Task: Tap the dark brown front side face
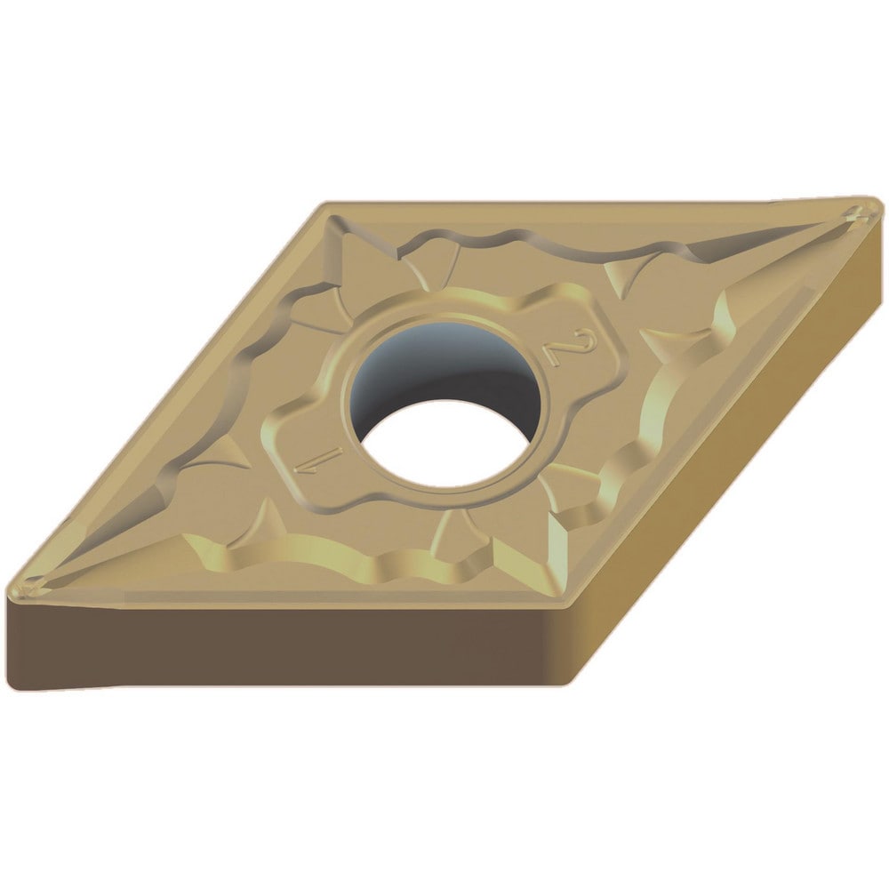click(x=284, y=646)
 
